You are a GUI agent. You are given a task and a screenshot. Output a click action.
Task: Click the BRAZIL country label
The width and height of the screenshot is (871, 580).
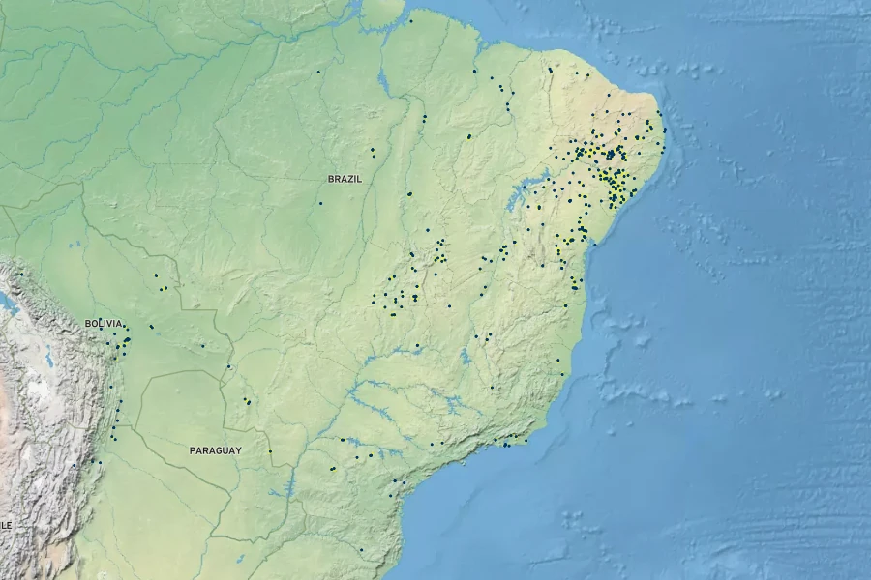(x=345, y=179)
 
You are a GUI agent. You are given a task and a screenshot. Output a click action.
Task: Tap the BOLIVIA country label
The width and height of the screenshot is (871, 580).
(x=104, y=323)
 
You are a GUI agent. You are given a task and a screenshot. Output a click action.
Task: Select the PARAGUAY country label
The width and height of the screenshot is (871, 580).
(x=216, y=450)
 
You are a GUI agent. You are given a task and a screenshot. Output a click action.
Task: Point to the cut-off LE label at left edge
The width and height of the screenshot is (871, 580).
(x=5, y=524)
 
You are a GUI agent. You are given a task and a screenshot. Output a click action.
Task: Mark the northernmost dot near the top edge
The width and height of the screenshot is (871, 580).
(x=409, y=20)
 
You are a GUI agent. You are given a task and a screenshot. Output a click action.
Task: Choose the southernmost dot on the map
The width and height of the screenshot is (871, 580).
(x=361, y=550)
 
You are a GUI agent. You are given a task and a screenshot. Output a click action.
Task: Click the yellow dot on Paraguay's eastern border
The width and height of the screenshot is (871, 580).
(x=270, y=450)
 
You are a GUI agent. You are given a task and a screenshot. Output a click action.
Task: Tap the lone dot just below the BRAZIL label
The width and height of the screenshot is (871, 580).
(x=320, y=203)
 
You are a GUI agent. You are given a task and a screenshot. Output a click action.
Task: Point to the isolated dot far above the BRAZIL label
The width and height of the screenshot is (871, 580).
(x=317, y=72)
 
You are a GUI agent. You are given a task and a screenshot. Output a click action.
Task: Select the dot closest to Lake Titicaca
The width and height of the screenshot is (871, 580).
(x=20, y=275)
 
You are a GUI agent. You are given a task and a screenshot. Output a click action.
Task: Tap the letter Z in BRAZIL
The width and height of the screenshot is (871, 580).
(x=349, y=179)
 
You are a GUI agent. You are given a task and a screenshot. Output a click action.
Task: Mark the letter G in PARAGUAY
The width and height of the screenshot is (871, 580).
(x=222, y=450)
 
